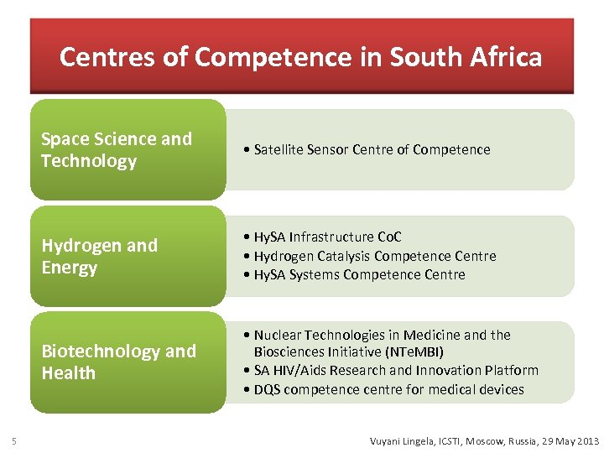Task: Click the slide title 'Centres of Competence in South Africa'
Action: [300, 57]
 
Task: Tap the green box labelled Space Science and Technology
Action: [128, 149]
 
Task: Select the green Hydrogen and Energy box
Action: [128, 256]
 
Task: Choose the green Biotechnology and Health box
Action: [128, 362]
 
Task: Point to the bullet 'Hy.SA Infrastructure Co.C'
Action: [329, 237]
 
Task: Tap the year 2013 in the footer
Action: [587, 441]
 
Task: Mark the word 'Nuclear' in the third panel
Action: [278, 335]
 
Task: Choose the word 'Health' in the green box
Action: [69, 372]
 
